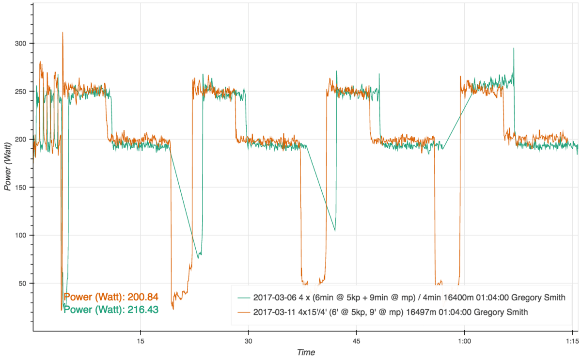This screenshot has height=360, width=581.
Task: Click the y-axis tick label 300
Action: click(21, 44)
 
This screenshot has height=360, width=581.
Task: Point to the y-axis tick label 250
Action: click(21, 92)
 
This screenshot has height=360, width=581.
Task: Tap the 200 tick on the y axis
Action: click(21, 140)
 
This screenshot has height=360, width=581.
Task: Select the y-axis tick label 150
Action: click(21, 188)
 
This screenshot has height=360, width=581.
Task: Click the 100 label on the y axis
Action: click(21, 235)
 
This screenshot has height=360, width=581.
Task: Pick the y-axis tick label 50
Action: click(23, 283)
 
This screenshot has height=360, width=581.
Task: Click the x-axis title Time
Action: click(306, 352)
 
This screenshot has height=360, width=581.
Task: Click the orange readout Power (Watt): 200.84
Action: click(111, 297)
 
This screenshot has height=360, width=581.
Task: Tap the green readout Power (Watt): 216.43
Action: click(111, 309)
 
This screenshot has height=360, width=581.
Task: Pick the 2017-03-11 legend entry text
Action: click(390, 313)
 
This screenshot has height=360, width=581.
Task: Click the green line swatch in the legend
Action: click(243, 297)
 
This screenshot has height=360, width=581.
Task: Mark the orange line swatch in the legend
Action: click(243, 313)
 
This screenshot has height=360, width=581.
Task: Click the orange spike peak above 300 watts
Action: click(63, 32)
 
